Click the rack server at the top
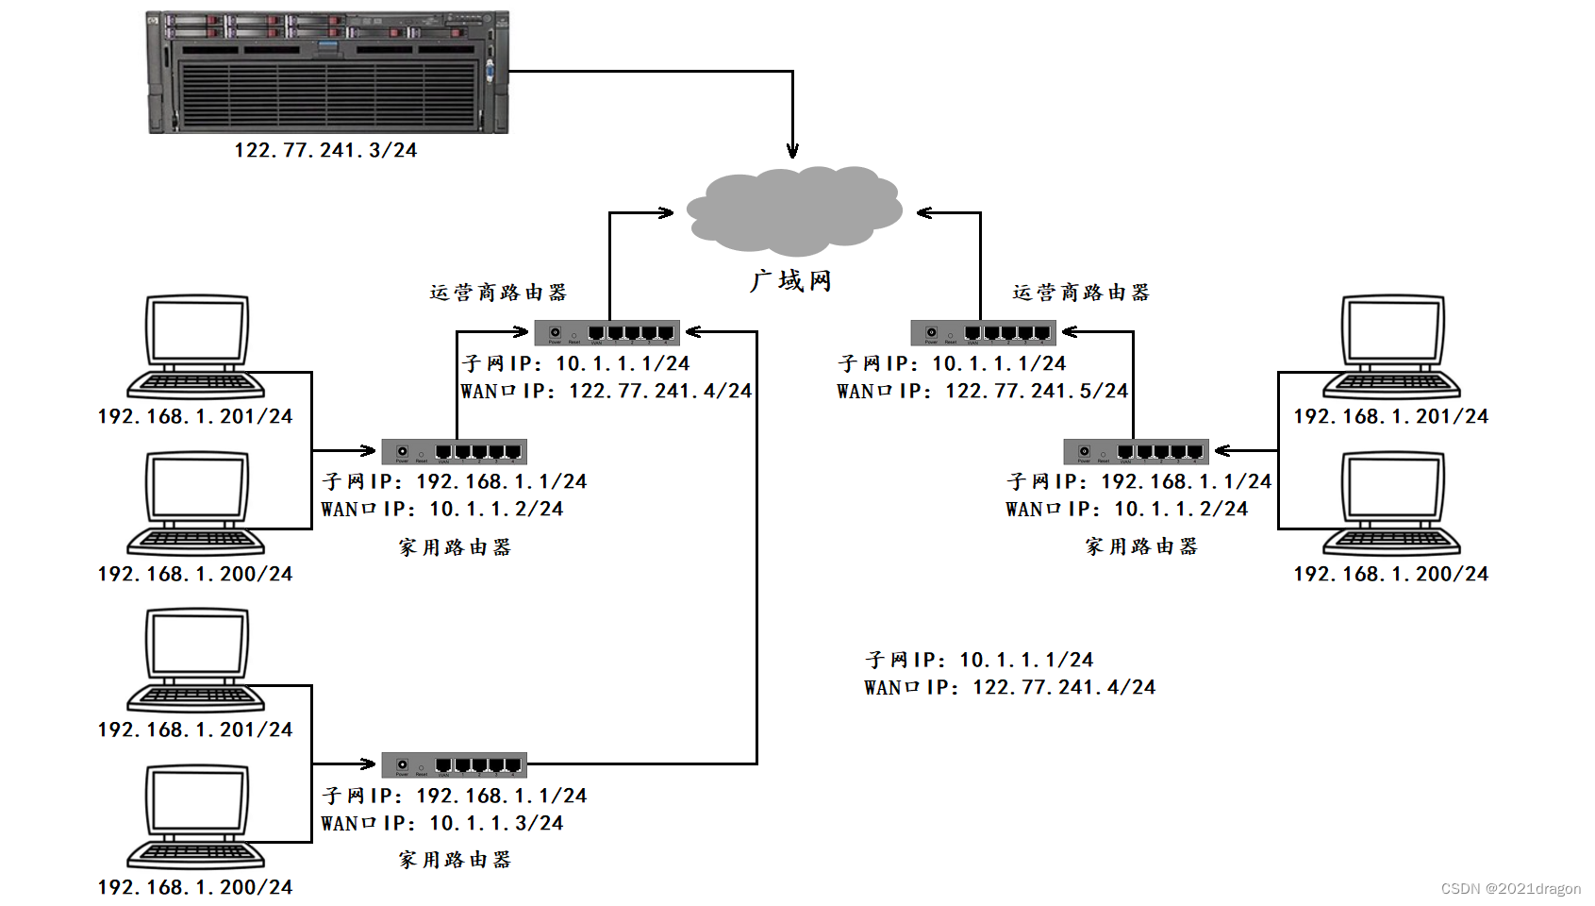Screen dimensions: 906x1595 tap(327, 72)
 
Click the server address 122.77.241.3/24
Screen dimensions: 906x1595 tap(325, 150)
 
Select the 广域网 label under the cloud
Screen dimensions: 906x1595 tap(790, 281)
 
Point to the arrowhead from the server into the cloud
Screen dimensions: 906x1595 tap(792, 150)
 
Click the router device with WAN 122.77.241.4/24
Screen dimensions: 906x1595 tap(606, 332)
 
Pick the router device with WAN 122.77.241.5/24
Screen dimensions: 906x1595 tap(982, 332)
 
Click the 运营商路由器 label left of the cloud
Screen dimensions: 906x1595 tap(498, 293)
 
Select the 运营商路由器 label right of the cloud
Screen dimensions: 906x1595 tap(1081, 293)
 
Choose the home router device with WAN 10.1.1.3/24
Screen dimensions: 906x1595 tap(454, 764)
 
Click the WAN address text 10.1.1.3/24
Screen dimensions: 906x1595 tap(496, 823)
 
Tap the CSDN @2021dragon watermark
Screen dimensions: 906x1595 tap(1510, 888)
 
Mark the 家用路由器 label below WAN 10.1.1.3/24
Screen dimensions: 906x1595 tap(455, 860)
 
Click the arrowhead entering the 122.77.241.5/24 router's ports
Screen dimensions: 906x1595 tap(1070, 331)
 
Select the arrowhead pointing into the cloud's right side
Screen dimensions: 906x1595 tap(925, 213)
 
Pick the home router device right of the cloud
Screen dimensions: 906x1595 tap(1136, 451)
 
